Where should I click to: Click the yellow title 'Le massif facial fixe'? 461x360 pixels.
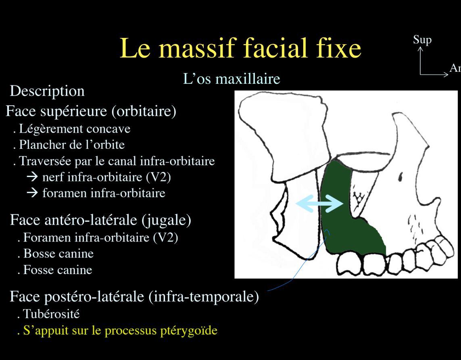pyautogui.click(x=240, y=48)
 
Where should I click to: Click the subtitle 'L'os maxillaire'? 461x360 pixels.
pyautogui.click(x=232, y=79)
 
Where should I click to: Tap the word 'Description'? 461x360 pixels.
pyautogui.click(x=47, y=91)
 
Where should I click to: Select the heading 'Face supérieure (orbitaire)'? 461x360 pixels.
pyautogui.click(x=91, y=111)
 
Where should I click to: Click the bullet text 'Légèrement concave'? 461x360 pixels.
pyautogui.click(x=75, y=129)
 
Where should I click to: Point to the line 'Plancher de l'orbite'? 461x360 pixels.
pyautogui.click(x=72, y=145)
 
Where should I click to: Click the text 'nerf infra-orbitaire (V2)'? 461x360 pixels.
pyautogui.click(x=106, y=177)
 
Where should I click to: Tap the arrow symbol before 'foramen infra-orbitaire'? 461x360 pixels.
pyautogui.click(x=32, y=193)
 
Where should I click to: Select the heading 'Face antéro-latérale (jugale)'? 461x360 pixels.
pyautogui.click(x=100, y=220)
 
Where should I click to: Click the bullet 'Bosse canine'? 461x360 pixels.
pyautogui.click(x=58, y=254)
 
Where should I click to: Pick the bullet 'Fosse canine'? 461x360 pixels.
pyautogui.click(x=58, y=270)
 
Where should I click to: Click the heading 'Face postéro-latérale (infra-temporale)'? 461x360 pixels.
pyautogui.click(x=134, y=297)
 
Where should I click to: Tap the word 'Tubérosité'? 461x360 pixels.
pyautogui.click(x=51, y=314)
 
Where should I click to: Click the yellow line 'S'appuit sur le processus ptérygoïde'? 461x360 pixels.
pyautogui.click(x=120, y=331)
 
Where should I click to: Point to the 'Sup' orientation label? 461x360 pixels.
pyautogui.click(x=422, y=40)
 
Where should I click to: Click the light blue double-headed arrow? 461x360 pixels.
pyautogui.click(x=319, y=203)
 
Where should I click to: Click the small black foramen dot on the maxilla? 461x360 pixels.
pyautogui.click(x=400, y=177)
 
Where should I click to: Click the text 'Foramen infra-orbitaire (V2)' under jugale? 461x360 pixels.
pyautogui.click(x=100, y=238)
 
